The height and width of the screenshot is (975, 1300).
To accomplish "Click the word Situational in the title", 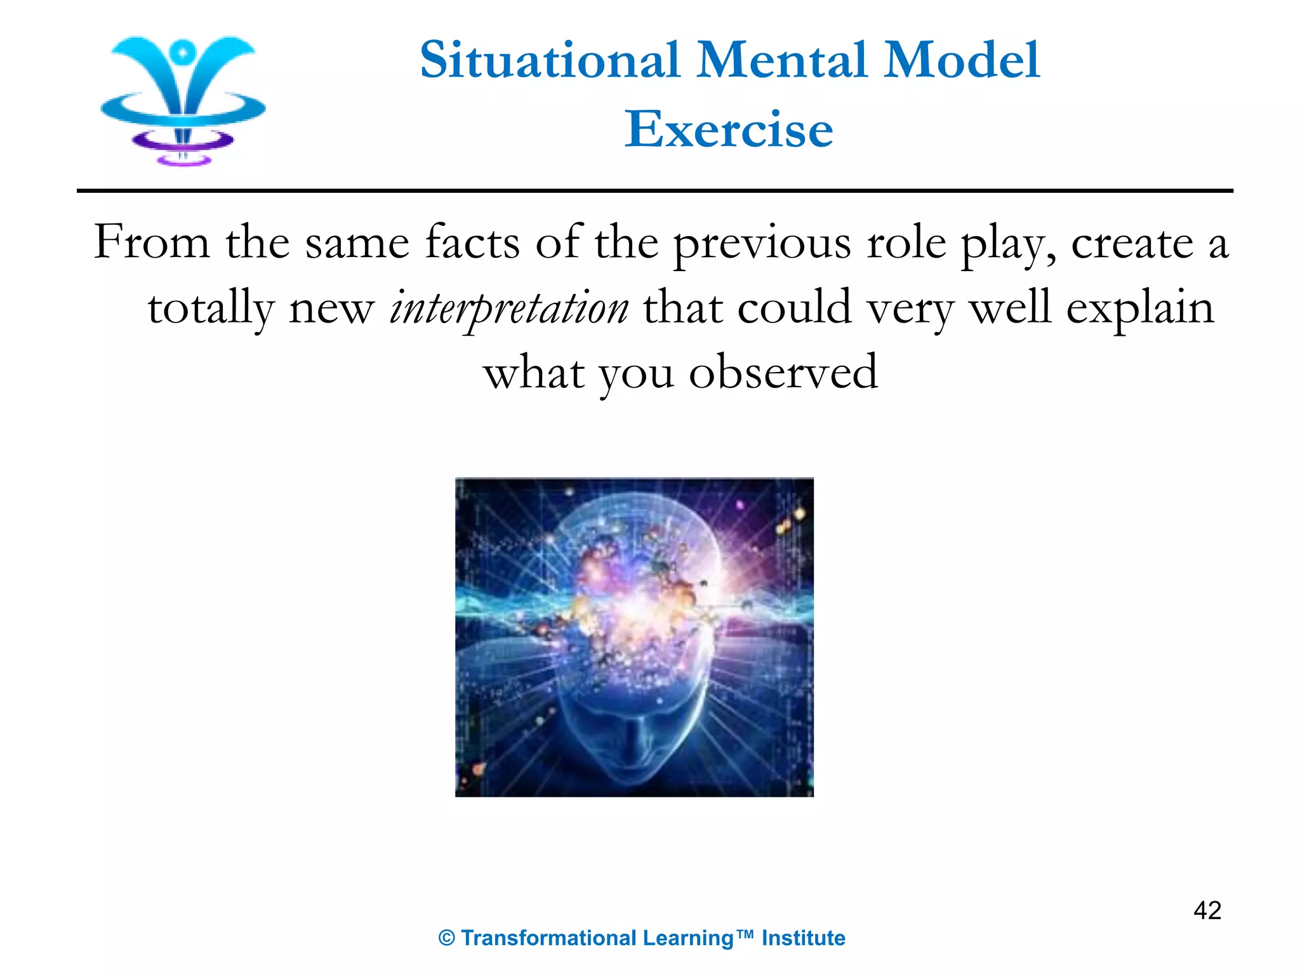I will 550,60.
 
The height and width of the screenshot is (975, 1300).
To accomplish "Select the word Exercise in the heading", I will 729,129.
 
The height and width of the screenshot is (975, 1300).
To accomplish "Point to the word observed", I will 783,373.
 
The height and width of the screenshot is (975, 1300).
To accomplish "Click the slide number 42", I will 1207,910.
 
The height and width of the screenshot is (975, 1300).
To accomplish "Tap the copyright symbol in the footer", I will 447,938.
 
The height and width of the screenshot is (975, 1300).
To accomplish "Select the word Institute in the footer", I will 803,938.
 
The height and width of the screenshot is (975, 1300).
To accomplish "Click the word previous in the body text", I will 762,243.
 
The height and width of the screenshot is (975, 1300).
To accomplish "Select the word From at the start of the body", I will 152,243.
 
